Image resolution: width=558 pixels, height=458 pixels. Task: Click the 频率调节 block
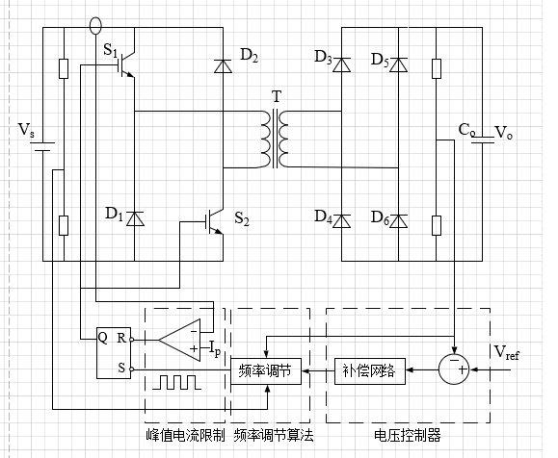point(266,371)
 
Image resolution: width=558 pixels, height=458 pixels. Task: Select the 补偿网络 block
point(370,371)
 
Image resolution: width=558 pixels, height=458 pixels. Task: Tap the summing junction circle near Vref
point(454,369)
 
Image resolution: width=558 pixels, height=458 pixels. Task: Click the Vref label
point(506,352)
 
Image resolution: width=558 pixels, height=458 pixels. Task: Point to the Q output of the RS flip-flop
point(102,338)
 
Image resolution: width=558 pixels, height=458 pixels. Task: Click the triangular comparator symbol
point(179,340)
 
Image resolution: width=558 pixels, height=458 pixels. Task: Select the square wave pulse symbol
point(177,382)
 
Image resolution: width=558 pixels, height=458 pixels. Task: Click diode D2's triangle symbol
point(224,66)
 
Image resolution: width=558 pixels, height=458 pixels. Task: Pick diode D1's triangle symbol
point(135,218)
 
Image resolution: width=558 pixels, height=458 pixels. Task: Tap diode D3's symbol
point(341,64)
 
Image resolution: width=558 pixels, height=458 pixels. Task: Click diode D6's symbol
point(399,221)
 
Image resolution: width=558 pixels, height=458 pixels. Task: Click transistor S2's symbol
point(214,222)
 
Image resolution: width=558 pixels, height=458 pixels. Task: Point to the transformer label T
point(277,96)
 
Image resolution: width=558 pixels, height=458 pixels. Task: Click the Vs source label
point(26,130)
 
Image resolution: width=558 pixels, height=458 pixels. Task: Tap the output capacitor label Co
point(466,130)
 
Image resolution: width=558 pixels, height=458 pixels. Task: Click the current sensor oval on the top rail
point(95,26)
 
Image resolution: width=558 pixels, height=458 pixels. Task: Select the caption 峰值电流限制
point(185,435)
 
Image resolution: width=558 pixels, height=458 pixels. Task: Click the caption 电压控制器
point(408,435)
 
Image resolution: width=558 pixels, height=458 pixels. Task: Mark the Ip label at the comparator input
point(215,348)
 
